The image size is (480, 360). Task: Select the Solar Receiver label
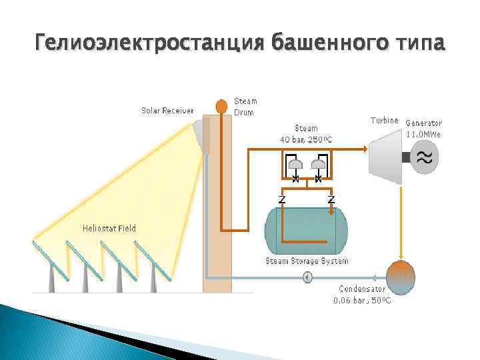tap(167, 111)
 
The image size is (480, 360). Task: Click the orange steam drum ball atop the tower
tap(221, 106)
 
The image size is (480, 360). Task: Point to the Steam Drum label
tap(245, 106)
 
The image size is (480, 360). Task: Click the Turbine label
tap(385, 121)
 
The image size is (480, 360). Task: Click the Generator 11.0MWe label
tap(424, 128)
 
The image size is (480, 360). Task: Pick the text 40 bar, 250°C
tap(307, 139)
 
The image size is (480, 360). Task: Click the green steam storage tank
tap(306, 229)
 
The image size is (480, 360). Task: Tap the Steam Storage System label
tap(307, 261)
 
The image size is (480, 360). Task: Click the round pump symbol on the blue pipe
tap(307, 277)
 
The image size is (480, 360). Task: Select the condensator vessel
tap(401, 276)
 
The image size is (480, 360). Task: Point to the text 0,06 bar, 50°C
tap(362, 300)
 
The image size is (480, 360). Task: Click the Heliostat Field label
tap(109, 229)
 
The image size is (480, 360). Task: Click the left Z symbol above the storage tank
tap(282, 199)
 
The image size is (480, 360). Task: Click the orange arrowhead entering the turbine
tap(364, 149)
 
